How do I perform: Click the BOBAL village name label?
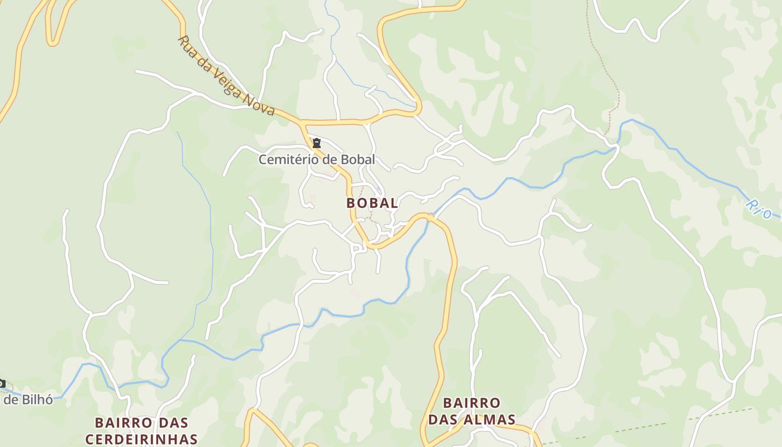(x=372, y=203)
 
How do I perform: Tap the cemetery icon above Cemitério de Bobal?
(x=317, y=144)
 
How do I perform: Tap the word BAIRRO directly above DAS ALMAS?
(x=471, y=403)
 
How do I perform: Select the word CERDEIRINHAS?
(x=141, y=439)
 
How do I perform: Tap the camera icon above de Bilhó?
(x=2, y=384)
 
